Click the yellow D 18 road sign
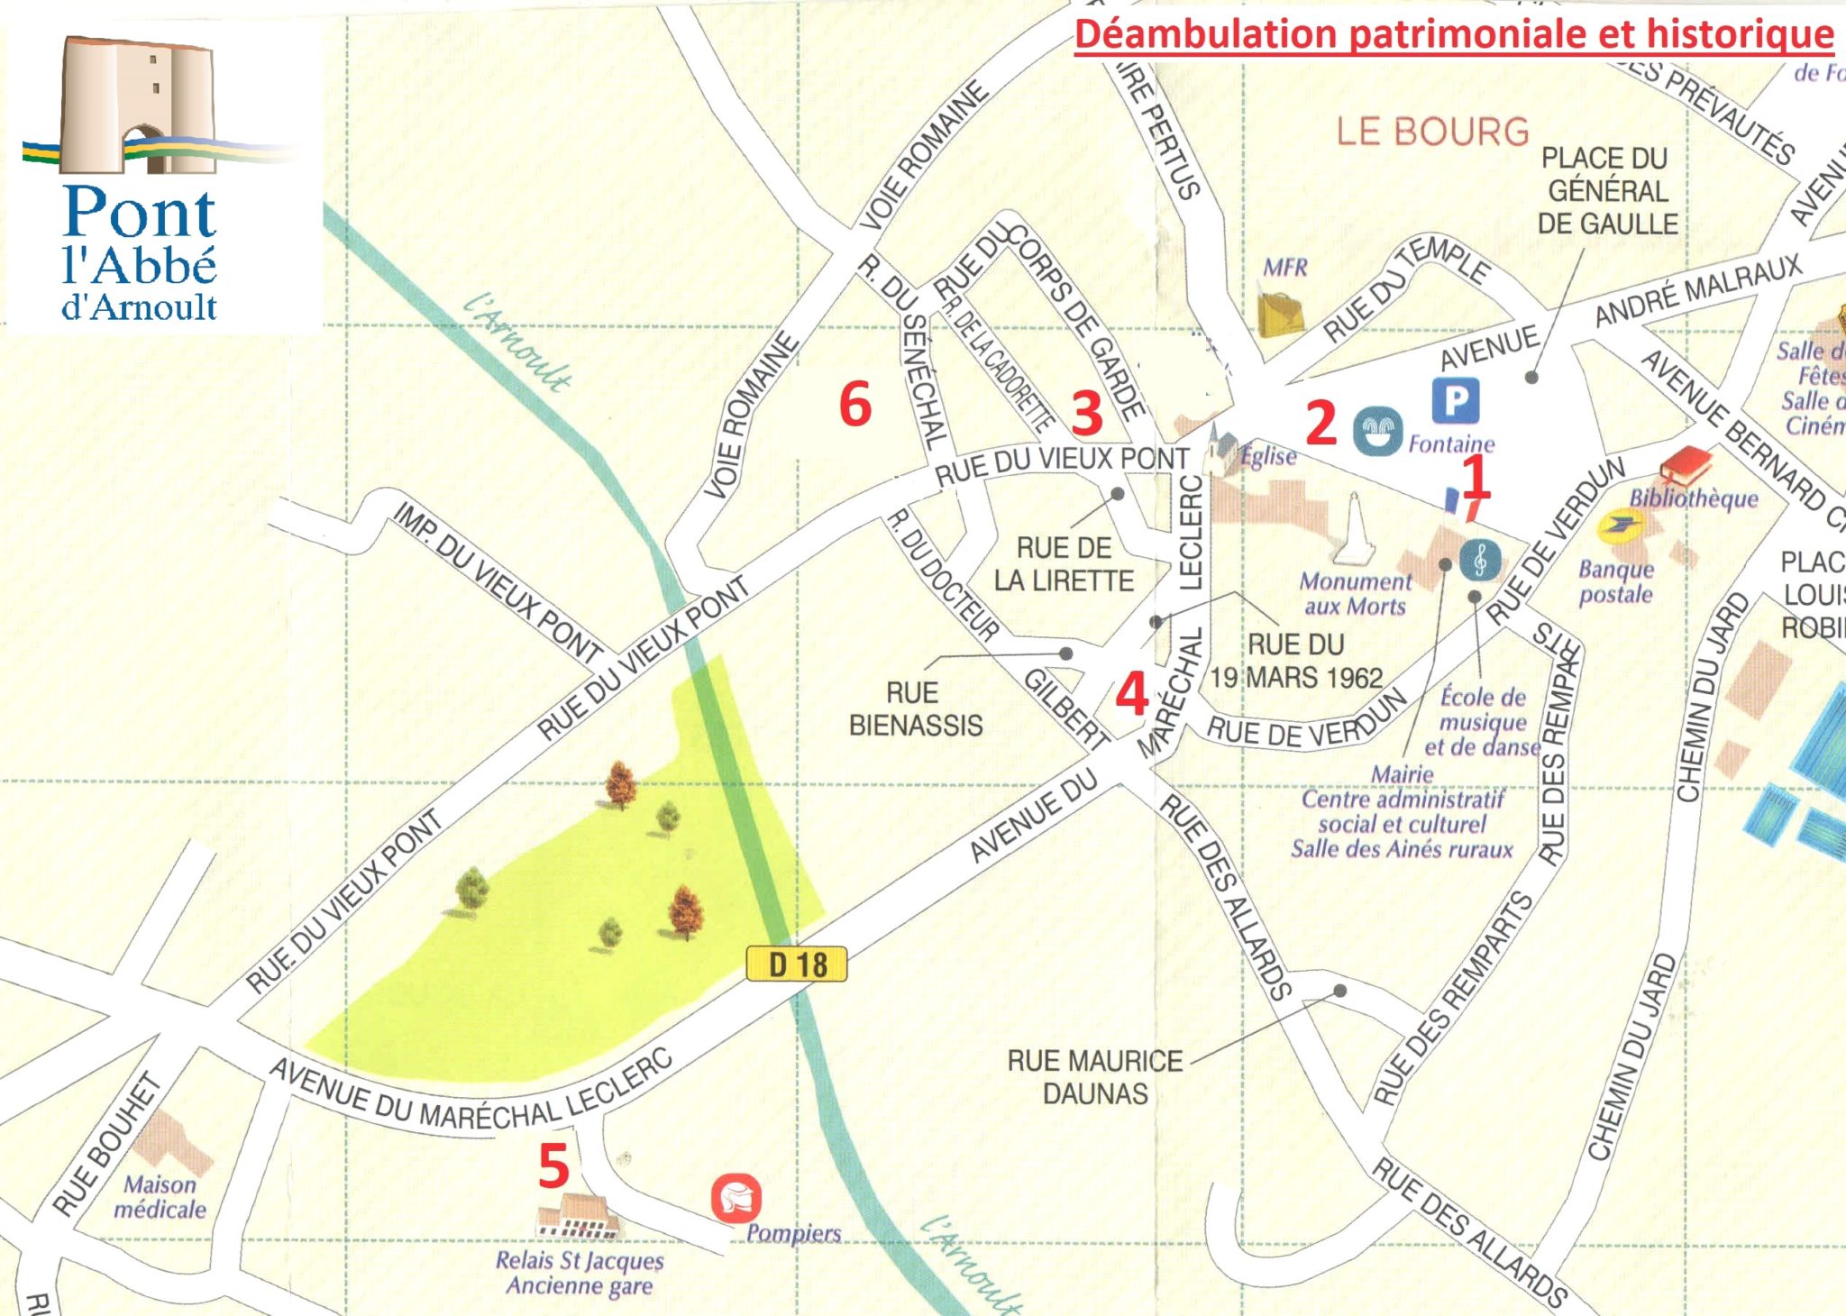797,964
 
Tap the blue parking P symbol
1455,400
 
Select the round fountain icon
1377,431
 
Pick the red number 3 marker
1087,413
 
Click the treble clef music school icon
1480,560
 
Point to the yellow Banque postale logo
1620,527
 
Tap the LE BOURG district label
1432,132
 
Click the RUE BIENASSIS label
915,709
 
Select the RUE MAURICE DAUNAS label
1095,1076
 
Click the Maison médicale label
160,1197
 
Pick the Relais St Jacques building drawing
578,1217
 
